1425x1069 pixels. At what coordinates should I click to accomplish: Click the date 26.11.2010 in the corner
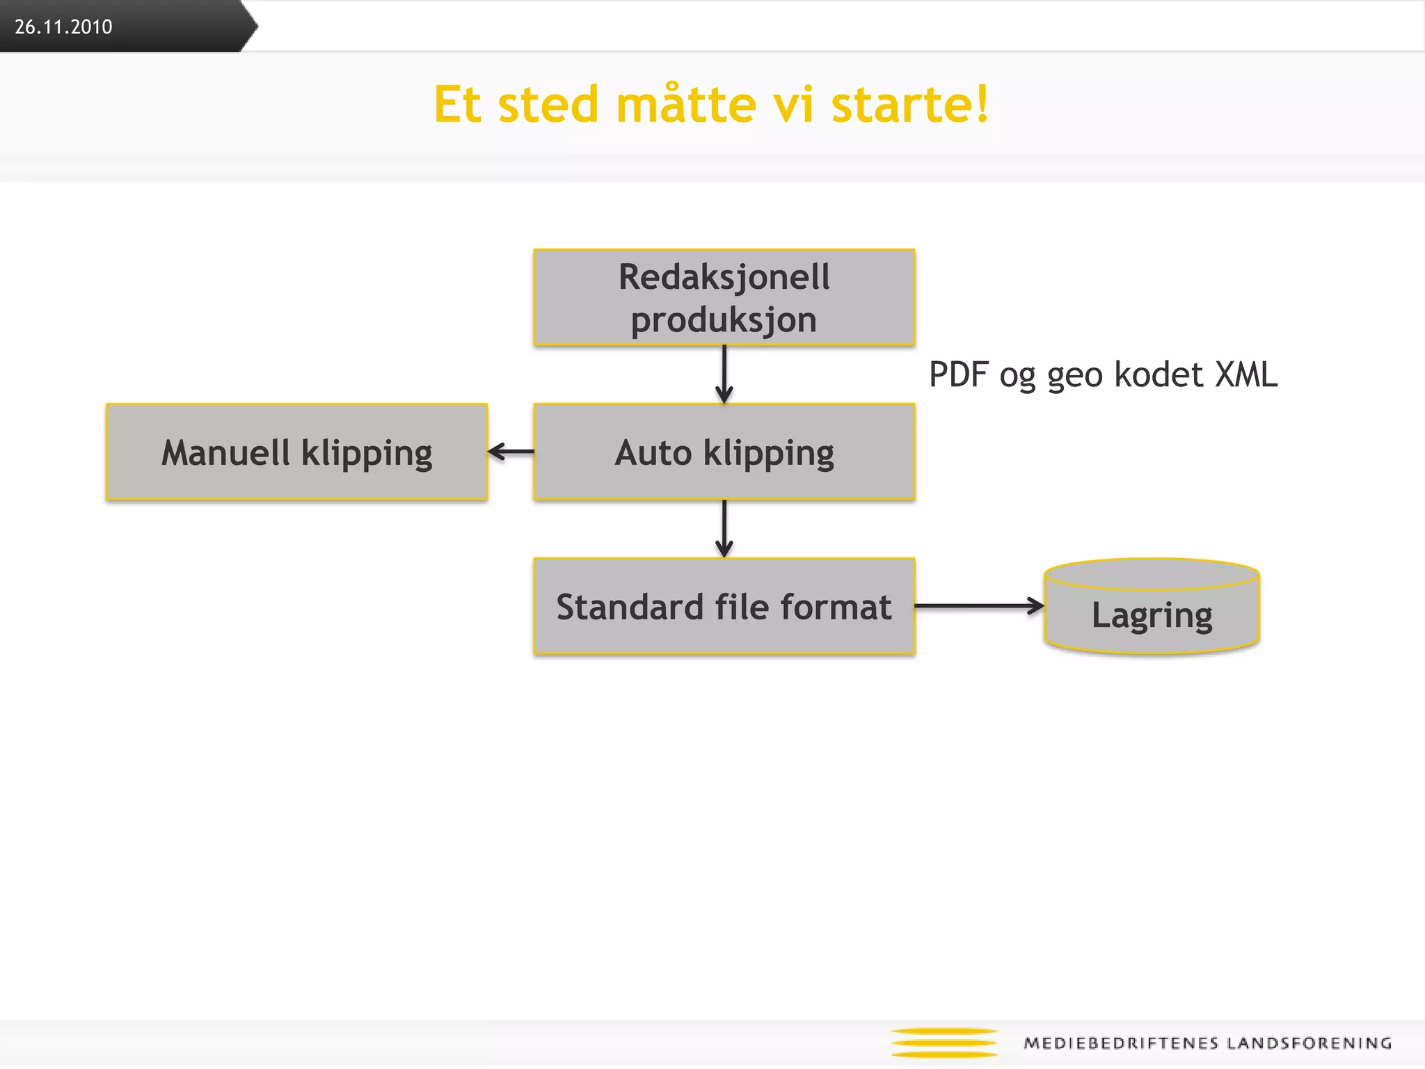click(63, 26)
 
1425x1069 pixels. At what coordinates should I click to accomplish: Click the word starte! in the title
click(910, 104)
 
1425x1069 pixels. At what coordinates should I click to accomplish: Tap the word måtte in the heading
click(686, 104)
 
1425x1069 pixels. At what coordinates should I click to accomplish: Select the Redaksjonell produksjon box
click(724, 297)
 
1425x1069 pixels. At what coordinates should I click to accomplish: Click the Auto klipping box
click(724, 452)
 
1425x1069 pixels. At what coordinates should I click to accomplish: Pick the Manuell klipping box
click(296, 452)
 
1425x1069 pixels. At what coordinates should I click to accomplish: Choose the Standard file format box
click(724, 606)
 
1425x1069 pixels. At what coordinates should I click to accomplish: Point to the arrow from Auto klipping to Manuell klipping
click(511, 452)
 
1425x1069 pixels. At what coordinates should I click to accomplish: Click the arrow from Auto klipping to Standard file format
click(724, 529)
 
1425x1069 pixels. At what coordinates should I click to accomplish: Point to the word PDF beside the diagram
click(959, 374)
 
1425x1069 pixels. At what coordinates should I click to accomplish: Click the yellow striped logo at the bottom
click(944, 1043)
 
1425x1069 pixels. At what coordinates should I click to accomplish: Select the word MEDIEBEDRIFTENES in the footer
click(1121, 1043)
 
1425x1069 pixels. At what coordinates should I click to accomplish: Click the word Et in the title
click(457, 104)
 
